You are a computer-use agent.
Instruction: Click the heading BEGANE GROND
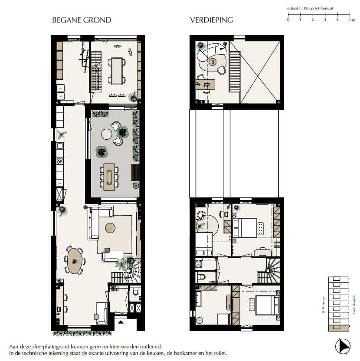pos(82,20)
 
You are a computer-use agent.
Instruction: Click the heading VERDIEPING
pos(211,20)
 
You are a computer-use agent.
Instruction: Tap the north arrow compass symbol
pos(343,345)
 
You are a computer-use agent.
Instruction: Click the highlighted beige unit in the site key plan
pos(338,328)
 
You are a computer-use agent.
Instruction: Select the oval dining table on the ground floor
pos(75,261)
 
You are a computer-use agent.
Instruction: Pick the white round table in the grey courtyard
pos(107,135)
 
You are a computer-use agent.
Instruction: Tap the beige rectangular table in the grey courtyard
pos(110,177)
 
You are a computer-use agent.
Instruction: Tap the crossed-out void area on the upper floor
pos(259,72)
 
